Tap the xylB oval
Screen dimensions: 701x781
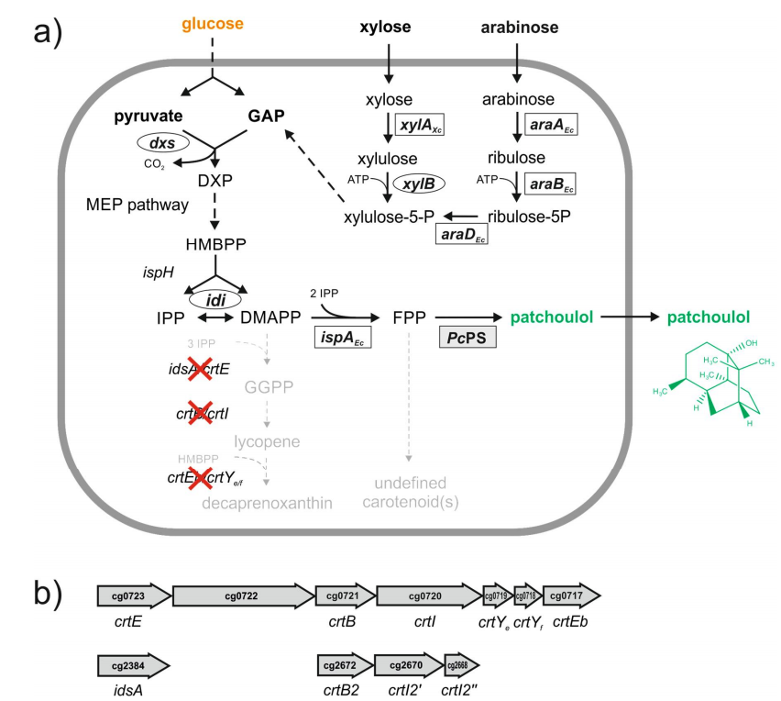[420, 184]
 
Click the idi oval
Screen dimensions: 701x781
[214, 300]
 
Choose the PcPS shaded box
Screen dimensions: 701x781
[468, 337]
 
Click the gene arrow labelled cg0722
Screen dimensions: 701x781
[243, 595]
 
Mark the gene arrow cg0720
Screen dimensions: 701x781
[426, 595]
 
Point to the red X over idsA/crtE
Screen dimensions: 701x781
[201, 369]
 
